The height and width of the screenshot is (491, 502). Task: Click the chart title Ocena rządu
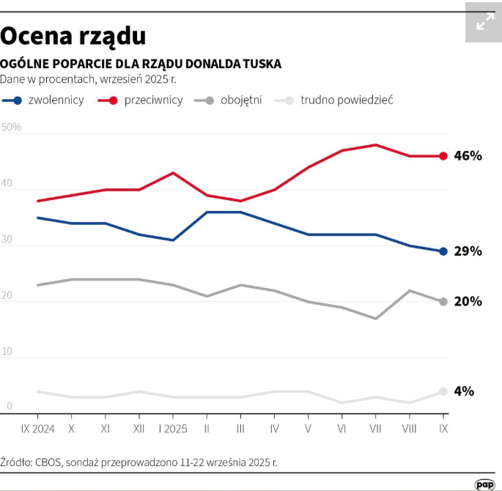(73, 35)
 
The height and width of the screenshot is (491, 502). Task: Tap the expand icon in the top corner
(484, 23)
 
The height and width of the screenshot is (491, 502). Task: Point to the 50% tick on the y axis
(12, 128)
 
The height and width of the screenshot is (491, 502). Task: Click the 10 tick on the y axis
(7, 352)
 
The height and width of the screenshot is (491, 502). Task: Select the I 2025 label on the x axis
(173, 428)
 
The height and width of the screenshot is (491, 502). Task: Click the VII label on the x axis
(376, 428)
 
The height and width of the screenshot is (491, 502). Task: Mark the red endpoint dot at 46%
(443, 156)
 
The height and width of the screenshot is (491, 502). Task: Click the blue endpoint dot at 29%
(443, 251)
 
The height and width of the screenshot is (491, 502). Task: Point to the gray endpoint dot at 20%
(443, 301)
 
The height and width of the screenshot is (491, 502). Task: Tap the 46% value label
(468, 156)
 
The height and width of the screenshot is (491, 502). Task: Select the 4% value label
(464, 391)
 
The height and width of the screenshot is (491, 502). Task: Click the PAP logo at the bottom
(484, 484)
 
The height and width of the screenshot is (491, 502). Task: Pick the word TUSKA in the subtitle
(261, 64)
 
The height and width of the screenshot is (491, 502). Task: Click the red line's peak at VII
(376, 145)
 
